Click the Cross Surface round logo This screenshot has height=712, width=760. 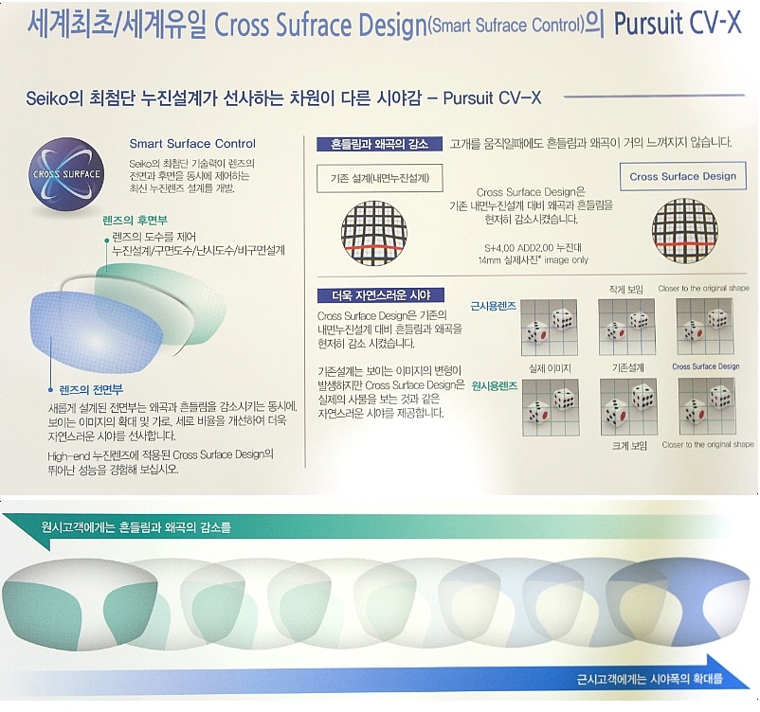tap(66, 174)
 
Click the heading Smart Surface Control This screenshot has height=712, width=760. tap(192, 144)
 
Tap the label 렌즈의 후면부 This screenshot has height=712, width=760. tap(136, 221)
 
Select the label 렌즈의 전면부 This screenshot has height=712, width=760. tap(91, 389)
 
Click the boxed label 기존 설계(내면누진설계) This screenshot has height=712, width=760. tap(380, 179)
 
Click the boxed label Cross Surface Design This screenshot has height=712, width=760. tap(683, 176)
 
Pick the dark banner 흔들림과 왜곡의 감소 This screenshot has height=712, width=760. tap(379, 144)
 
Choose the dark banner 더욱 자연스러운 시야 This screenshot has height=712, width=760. tap(381, 295)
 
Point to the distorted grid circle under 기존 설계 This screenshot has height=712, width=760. tap(374, 233)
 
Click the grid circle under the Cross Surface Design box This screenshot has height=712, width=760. tap(685, 231)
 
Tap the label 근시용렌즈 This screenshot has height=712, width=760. tap(494, 306)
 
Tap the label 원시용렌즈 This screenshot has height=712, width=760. tap(495, 386)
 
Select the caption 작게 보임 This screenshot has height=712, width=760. tap(626, 289)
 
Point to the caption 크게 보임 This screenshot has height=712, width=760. tap(629, 446)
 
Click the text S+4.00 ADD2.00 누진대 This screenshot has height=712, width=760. tap(534, 248)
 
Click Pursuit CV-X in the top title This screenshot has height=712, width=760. tap(678, 23)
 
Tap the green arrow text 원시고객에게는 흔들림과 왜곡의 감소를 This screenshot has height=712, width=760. tap(136, 527)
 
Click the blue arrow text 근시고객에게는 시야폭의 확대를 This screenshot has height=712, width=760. tap(649, 679)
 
